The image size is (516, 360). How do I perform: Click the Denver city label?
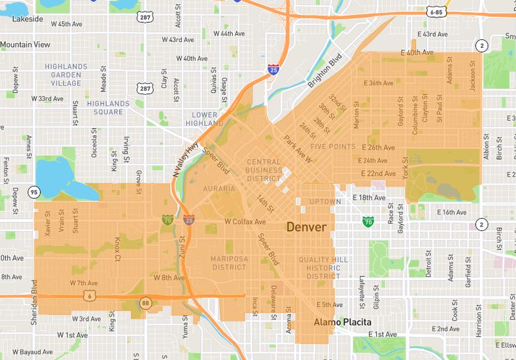click(x=306, y=227)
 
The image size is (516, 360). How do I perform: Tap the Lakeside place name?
click(x=27, y=19)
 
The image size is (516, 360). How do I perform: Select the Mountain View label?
click(x=26, y=45)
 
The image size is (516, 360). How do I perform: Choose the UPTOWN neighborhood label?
click(x=324, y=202)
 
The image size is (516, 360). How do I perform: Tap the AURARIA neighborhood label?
click(x=218, y=189)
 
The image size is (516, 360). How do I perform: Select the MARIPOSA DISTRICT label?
click(x=229, y=263)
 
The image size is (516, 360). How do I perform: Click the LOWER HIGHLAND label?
click(x=204, y=118)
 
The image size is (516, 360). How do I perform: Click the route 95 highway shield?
click(x=33, y=192)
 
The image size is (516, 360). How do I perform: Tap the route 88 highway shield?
click(x=145, y=302)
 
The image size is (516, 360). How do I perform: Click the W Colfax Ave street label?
click(x=245, y=222)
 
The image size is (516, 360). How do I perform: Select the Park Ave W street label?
click(x=298, y=149)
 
